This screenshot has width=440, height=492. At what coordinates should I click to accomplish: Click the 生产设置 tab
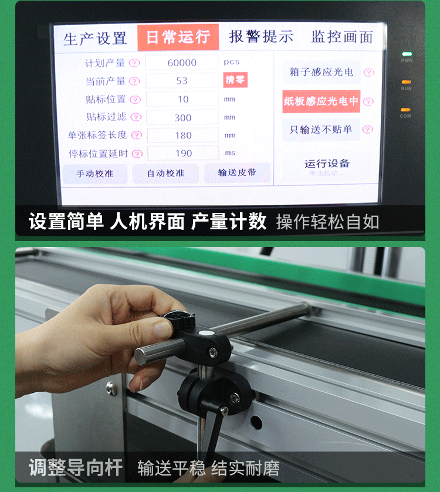(95, 39)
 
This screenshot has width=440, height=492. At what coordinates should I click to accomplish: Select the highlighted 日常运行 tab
(178, 38)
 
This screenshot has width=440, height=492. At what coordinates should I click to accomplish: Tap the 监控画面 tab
(342, 37)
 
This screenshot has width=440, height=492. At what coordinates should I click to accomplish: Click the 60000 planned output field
(182, 63)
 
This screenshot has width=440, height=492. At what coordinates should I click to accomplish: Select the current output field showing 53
(182, 81)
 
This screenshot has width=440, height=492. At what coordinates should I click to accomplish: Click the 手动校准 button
(95, 174)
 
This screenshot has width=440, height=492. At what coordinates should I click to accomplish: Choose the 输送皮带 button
(237, 173)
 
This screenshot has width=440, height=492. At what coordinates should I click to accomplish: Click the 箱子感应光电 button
(321, 72)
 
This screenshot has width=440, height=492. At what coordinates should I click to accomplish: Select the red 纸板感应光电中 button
(321, 101)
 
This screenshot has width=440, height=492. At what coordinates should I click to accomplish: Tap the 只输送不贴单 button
(321, 130)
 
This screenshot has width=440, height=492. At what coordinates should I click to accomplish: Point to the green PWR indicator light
(406, 54)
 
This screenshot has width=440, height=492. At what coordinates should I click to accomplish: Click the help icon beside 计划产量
(134, 63)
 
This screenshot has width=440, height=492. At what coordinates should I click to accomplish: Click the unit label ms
(229, 153)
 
